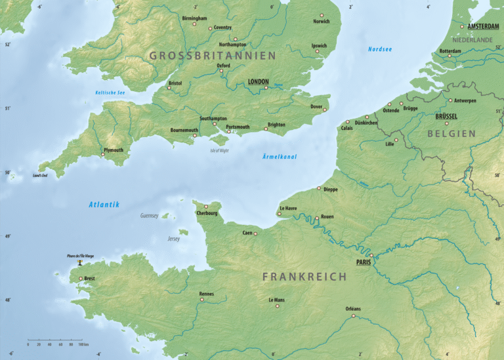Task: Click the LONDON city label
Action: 258,82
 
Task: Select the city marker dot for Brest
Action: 81,279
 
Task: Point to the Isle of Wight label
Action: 219,151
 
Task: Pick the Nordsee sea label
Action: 379,49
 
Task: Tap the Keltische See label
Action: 110,92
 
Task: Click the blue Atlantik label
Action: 104,205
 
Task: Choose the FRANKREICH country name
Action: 304,277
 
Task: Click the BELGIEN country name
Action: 451,133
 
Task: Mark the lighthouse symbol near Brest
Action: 80,262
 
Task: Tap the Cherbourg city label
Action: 207,213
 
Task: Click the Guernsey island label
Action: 149,216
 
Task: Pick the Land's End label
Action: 40,176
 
